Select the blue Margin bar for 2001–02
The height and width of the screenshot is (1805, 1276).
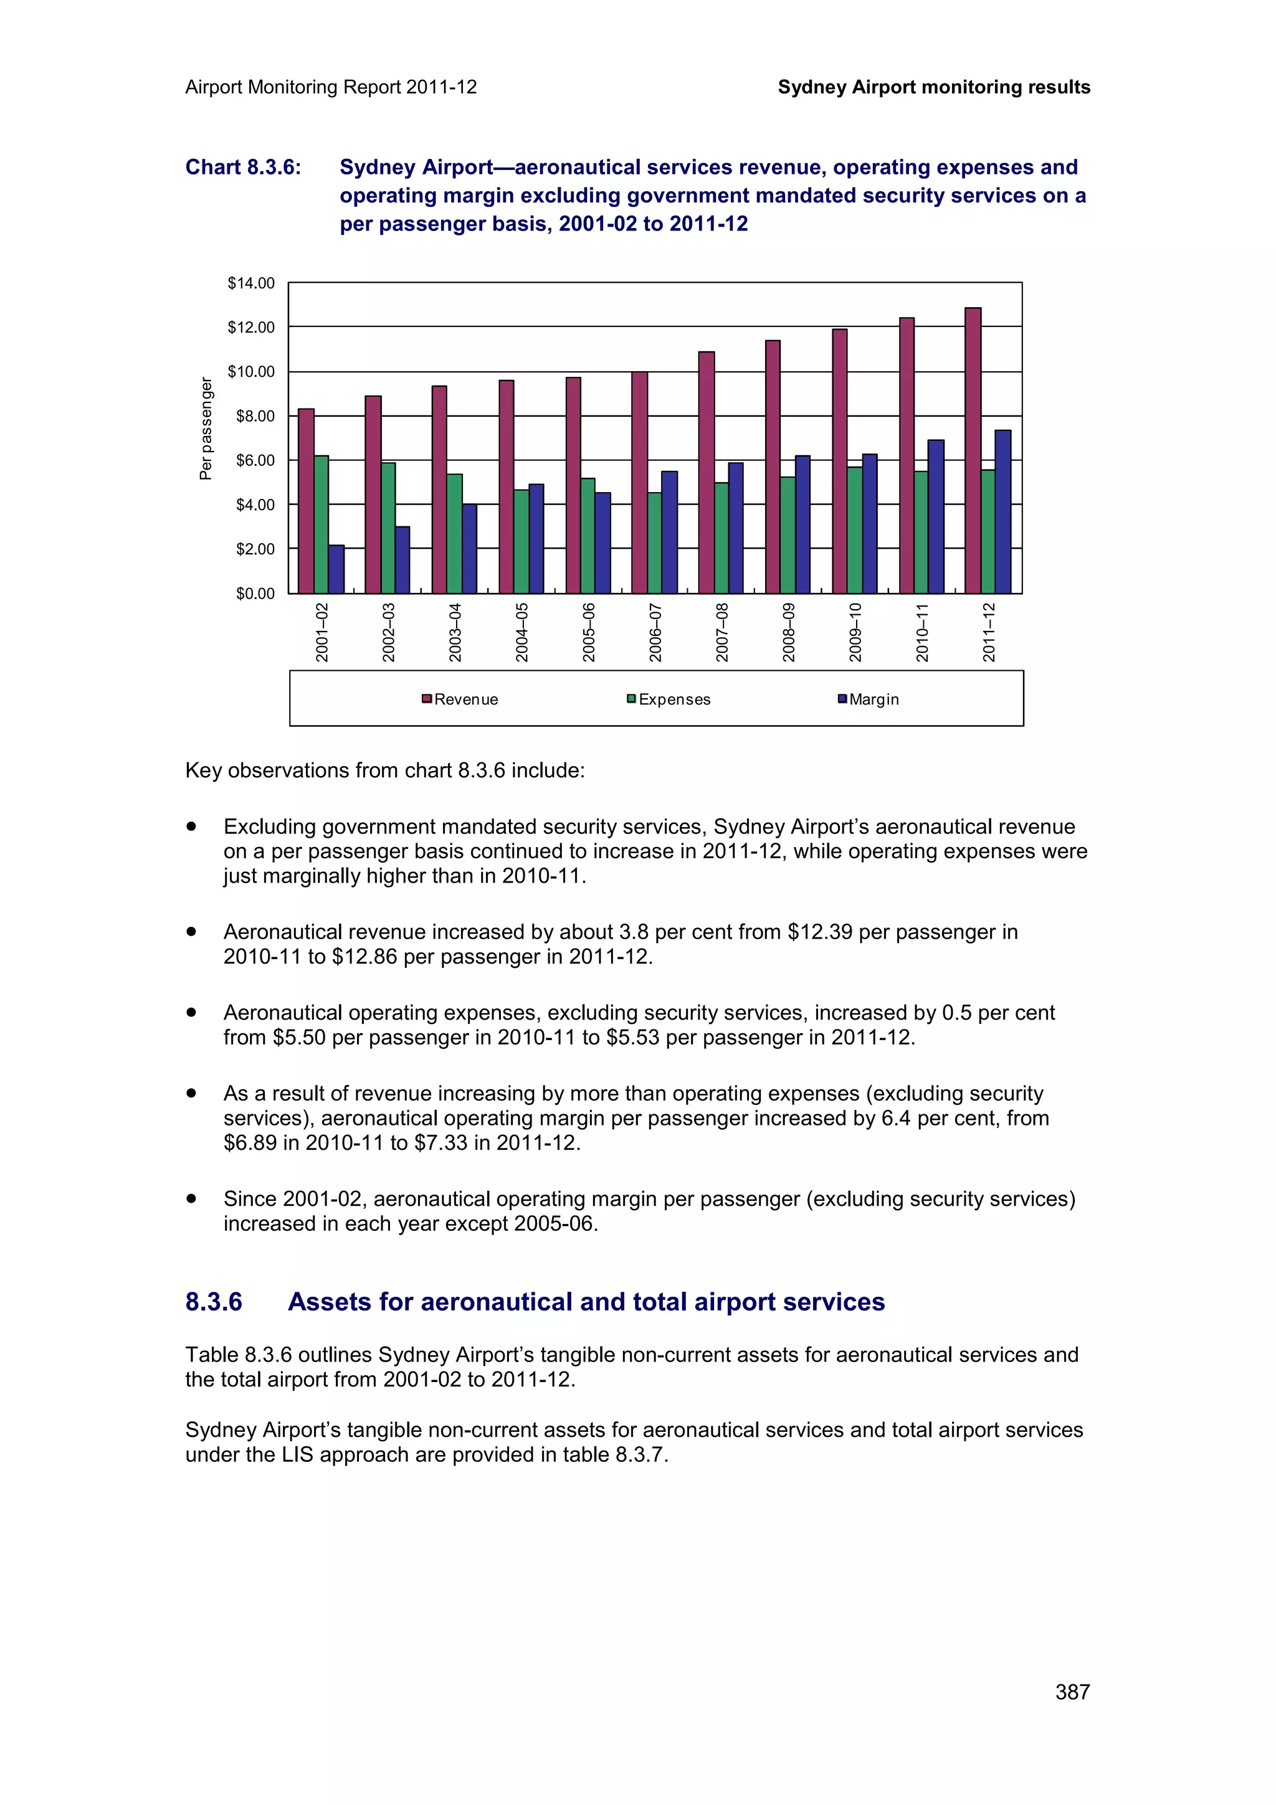point(336,569)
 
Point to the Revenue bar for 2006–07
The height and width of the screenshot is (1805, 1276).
point(639,483)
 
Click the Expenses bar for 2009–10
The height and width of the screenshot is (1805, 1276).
point(855,530)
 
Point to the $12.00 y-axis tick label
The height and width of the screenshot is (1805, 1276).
point(251,327)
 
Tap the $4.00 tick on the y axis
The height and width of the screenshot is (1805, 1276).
point(255,505)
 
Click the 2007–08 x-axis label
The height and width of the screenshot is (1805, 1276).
point(721,632)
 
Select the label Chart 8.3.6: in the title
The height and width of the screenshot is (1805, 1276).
point(243,168)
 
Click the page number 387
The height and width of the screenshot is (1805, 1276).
point(1072,1691)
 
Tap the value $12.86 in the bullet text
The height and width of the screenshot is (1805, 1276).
point(365,957)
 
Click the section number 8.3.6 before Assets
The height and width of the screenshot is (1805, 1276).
point(214,1302)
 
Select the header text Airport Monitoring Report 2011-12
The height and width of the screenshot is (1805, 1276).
point(331,87)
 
